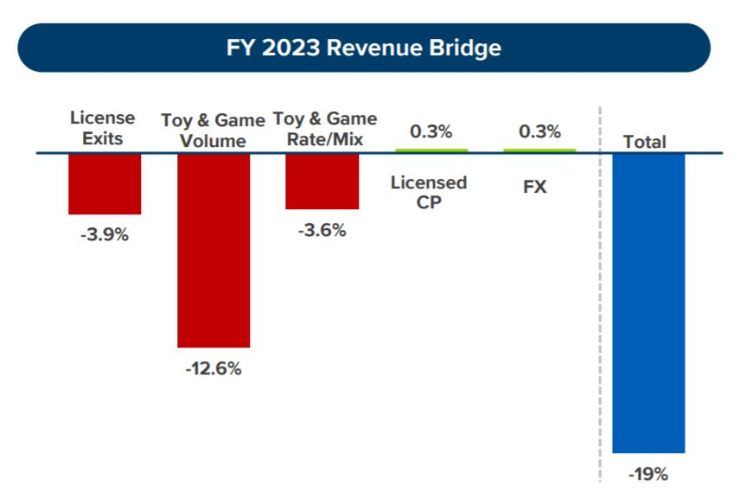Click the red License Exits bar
[105, 183]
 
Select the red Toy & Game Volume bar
[214, 250]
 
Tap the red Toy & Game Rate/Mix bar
[322, 181]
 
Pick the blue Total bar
[648, 303]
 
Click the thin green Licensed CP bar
[431, 150]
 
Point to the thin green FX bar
[539, 150]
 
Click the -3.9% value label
[105, 234]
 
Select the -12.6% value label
[214, 368]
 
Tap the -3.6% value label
[322, 230]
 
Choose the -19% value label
[648, 474]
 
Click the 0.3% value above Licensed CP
[431, 132]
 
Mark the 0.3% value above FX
[539, 132]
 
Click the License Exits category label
[103, 127]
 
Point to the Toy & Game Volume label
[214, 130]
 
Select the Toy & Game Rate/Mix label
[325, 128]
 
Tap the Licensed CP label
[429, 192]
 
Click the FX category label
[535, 186]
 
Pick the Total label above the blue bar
[645, 142]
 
